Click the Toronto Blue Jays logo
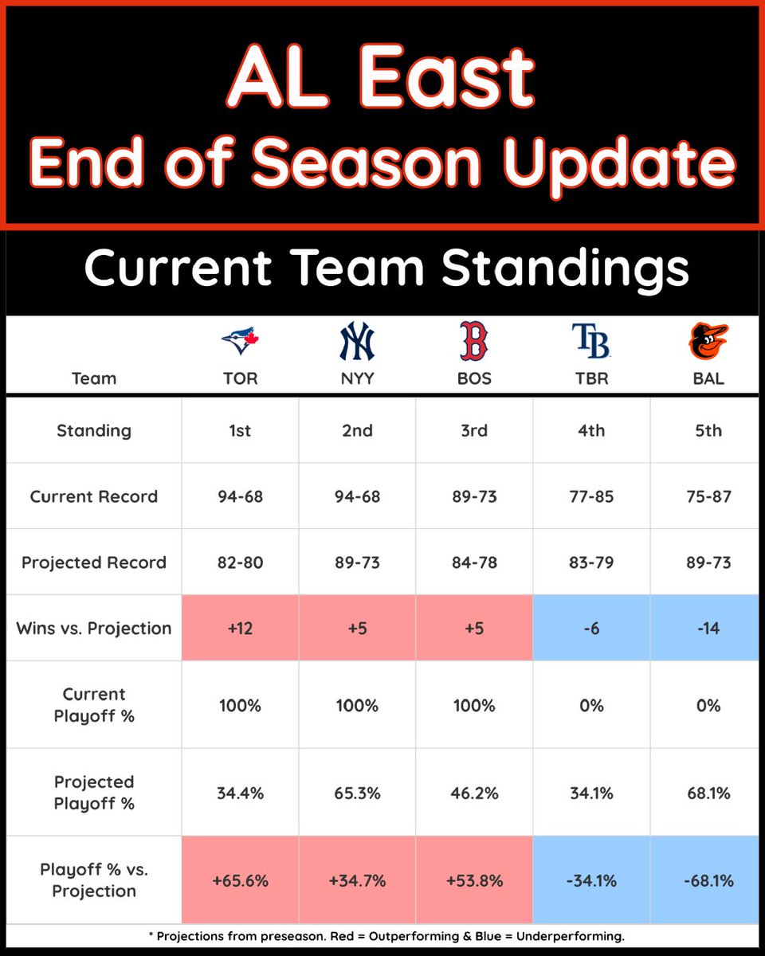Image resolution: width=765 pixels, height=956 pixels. (x=240, y=342)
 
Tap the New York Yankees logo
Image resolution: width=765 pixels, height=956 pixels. (x=357, y=342)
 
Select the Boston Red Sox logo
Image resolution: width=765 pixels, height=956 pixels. (x=474, y=342)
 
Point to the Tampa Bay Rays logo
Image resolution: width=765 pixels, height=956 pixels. (x=591, y=342)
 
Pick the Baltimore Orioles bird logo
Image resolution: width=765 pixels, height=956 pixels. (x=708, y=342)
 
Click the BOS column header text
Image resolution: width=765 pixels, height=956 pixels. (x=474, y=378)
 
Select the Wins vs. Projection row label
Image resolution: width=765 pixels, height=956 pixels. (x=94, y=628)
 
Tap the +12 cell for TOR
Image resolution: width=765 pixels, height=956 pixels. (x=240, y=628)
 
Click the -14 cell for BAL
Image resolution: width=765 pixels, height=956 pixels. (x=708, y=628)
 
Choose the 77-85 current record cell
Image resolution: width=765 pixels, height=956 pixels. (x=591, y=496)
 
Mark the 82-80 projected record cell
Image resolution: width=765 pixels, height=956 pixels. (x=240, y=562)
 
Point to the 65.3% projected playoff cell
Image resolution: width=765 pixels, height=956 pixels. (x=357, y=793)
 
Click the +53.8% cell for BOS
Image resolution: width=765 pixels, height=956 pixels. (x=474, y=880)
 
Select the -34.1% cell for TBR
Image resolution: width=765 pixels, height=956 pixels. (x=591, y=880)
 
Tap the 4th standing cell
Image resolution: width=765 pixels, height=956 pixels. (x=591, y=430)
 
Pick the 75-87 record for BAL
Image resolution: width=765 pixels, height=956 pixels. (x=708, y=496)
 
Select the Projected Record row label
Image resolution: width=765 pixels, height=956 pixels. (x=94, y=562)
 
